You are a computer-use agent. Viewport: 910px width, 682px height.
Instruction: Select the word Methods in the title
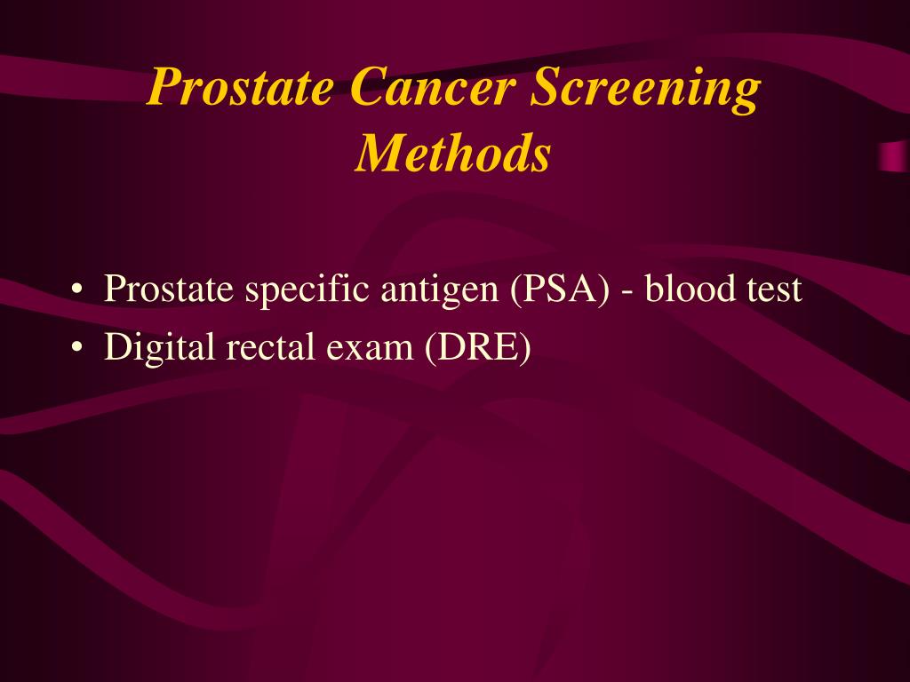[453, 155]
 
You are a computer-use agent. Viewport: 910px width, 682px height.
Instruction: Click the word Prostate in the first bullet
[167, 290]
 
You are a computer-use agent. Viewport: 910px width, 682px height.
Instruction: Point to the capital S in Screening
[544, 88]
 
